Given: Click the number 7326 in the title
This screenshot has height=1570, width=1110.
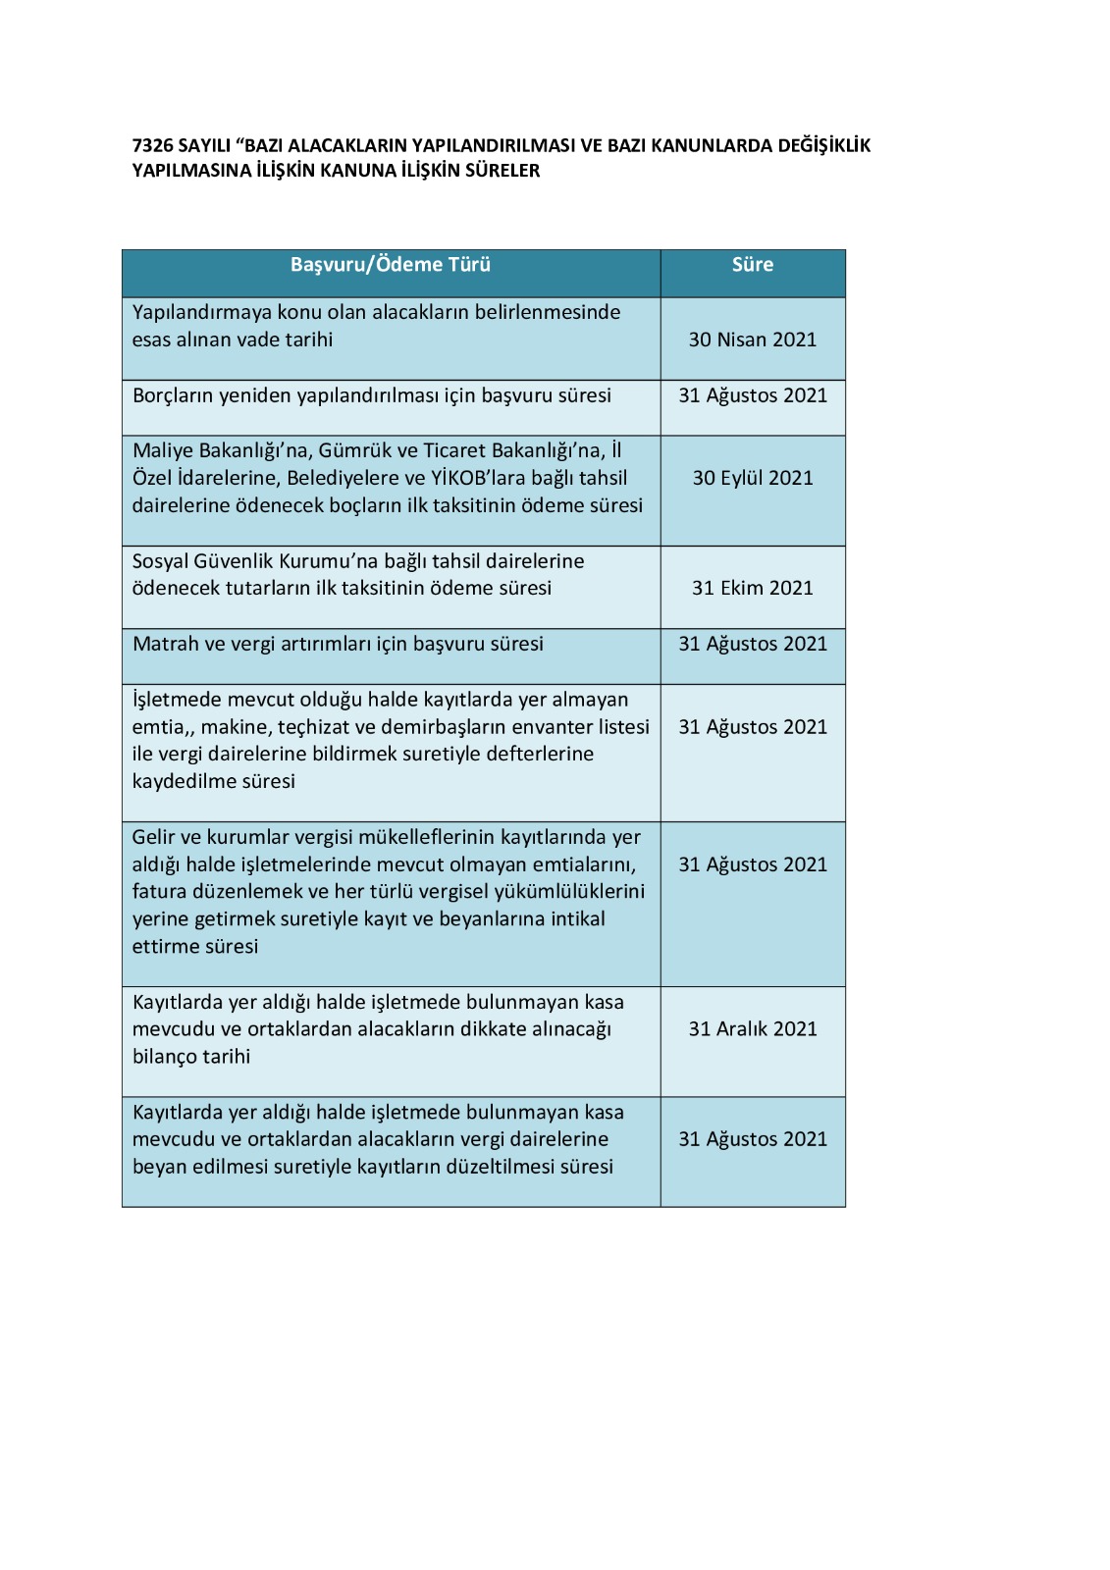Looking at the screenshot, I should pyautogui.click(x=153, y=146).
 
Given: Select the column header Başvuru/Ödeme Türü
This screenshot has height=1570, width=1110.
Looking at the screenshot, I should pyautogui.click(x=390, y=265).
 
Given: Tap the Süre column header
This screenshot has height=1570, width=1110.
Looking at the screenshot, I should pyautogui.click(x=753, y=265).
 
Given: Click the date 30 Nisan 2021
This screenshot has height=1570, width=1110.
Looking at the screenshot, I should pyautogui.click(x=753, y=340).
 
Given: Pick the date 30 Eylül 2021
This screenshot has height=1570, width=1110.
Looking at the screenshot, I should pyautogui.click(x=753, y=478).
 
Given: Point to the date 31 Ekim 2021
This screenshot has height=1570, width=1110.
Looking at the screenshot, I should pyautogui.click(x=753, y=588).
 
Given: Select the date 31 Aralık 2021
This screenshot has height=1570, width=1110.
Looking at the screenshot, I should pyautogui.click(x=753, y=1029).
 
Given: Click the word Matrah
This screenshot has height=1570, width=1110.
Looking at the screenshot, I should pyautogui.click(x=165, y=645).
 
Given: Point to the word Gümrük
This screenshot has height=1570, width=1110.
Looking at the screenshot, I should pyautogui.click(x=352, y=450).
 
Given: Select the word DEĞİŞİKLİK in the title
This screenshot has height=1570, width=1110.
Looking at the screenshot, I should pyautogui.click(x=823, y=146).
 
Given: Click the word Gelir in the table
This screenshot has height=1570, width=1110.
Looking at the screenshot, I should pyautogui.click(x=152, y=837).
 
